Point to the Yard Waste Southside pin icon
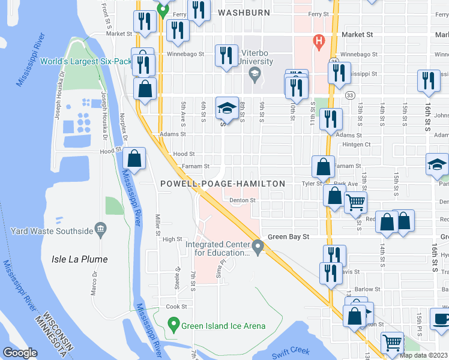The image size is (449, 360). point(100,230)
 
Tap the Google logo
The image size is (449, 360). point(20,352)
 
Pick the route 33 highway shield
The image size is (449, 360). point(349,94)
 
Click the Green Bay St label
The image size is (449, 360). point(288,237)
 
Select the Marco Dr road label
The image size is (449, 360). point(94,286)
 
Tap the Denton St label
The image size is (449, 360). point(243,200)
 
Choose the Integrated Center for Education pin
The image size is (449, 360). point(258,246)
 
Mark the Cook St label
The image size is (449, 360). point(176,307)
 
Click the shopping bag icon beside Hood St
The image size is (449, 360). point(134,159)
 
